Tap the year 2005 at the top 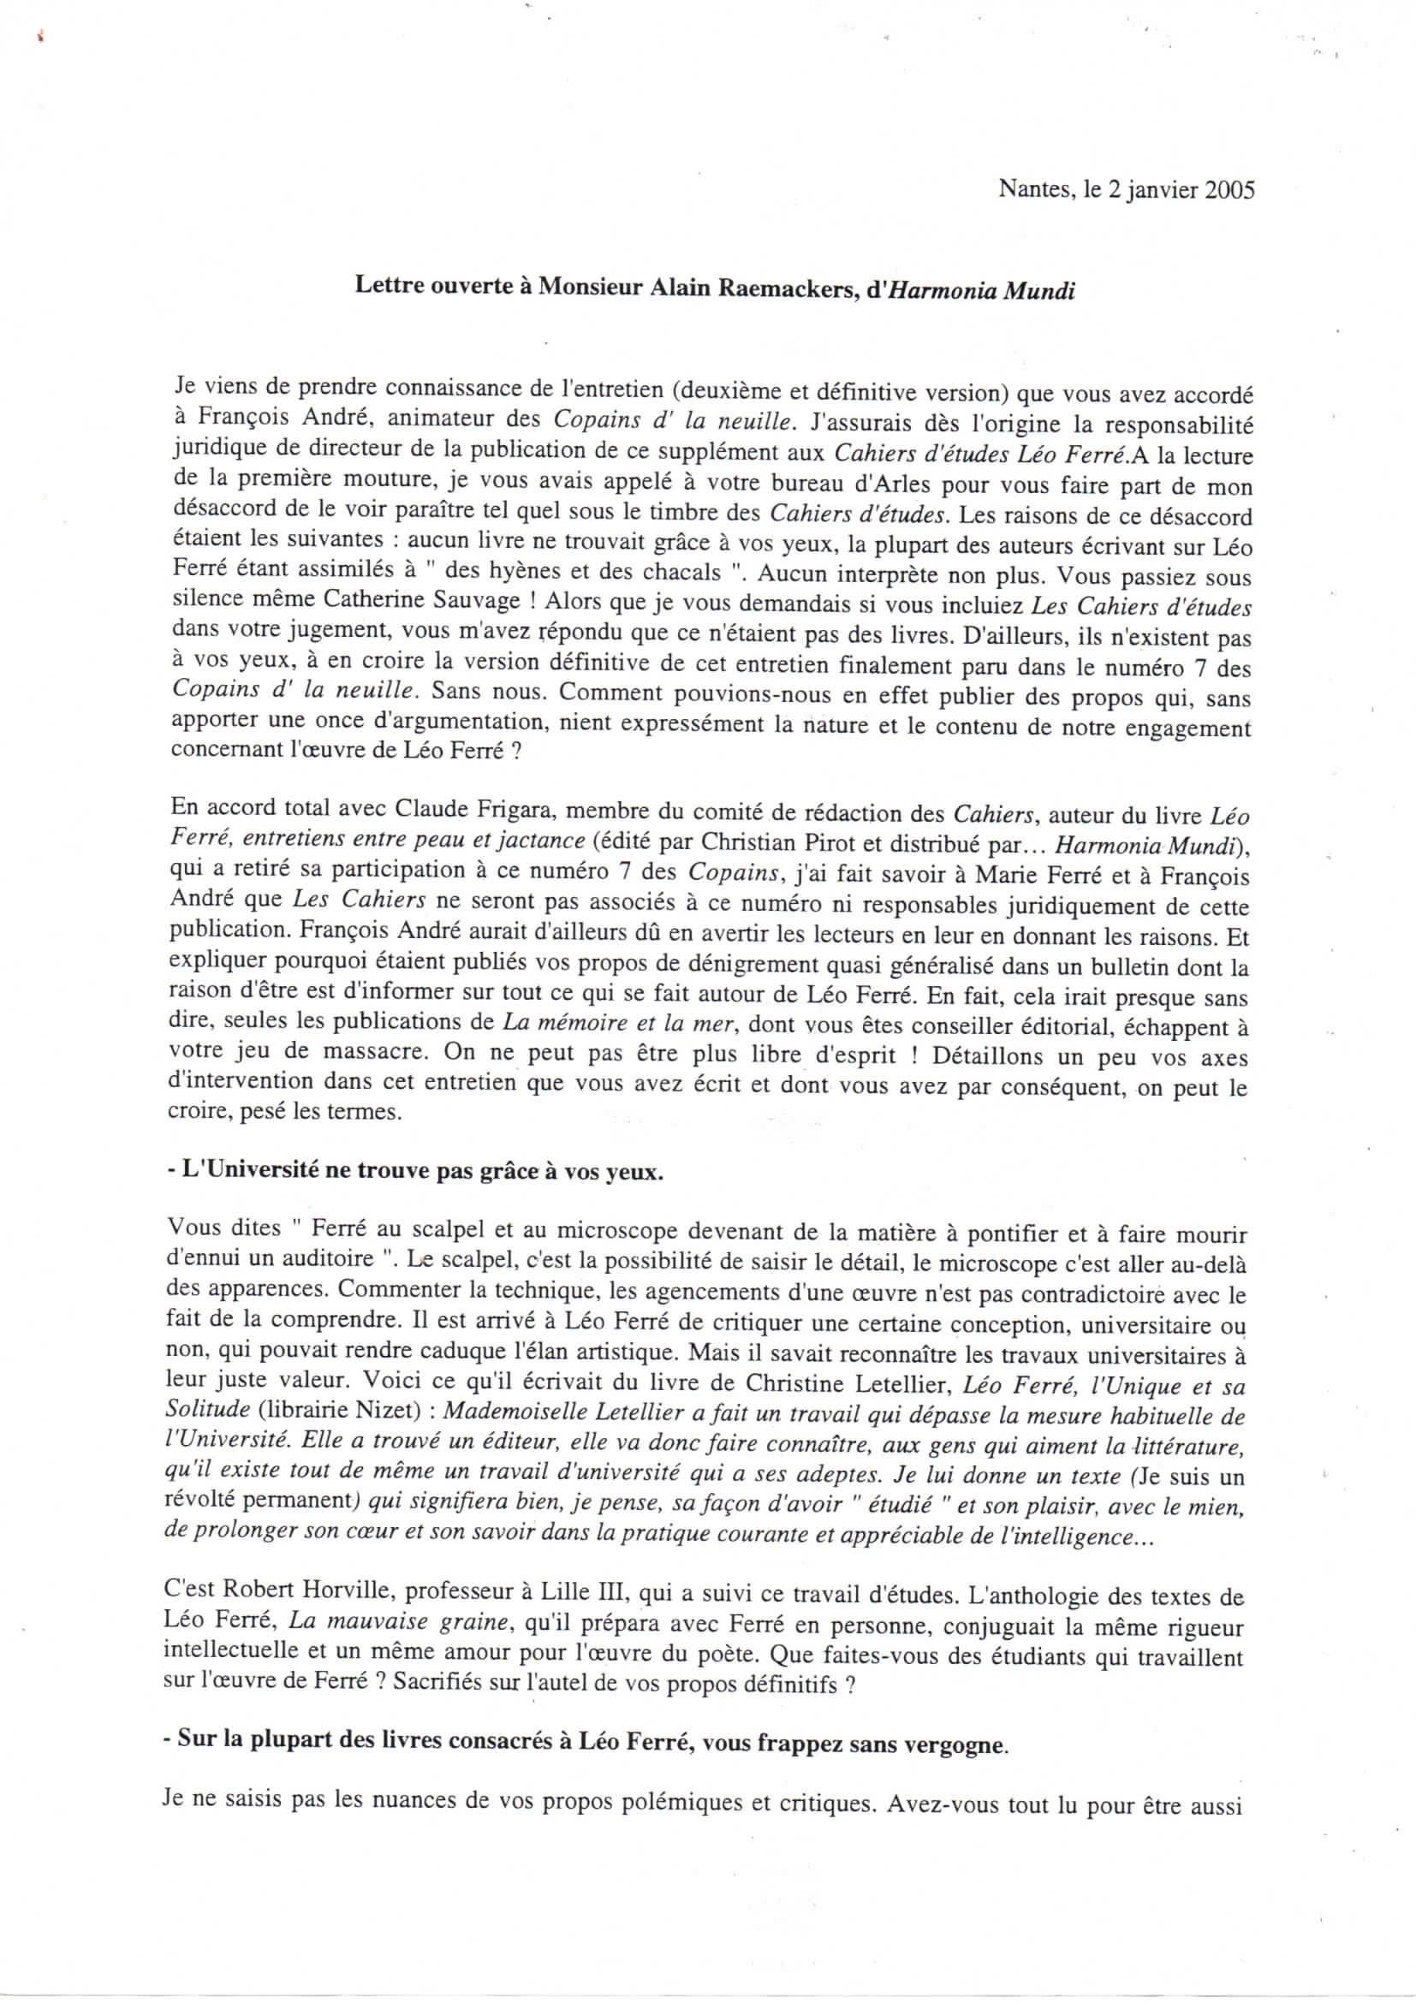click(1229, 190)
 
